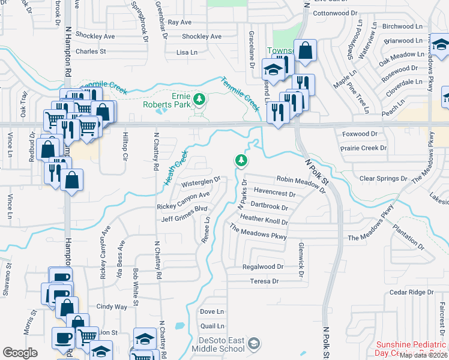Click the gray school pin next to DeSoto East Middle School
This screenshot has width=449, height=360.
click(254, 343)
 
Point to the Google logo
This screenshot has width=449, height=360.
click(20, 353)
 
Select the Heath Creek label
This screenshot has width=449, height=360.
click(176, 167)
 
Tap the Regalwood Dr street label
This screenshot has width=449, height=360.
click(262, 266)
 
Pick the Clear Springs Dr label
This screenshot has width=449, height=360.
click(383, 179)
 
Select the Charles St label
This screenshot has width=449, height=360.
click(91, 52)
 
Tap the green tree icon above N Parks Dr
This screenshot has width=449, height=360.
click(241, 160)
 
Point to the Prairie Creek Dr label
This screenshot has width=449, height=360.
click(364, 148)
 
